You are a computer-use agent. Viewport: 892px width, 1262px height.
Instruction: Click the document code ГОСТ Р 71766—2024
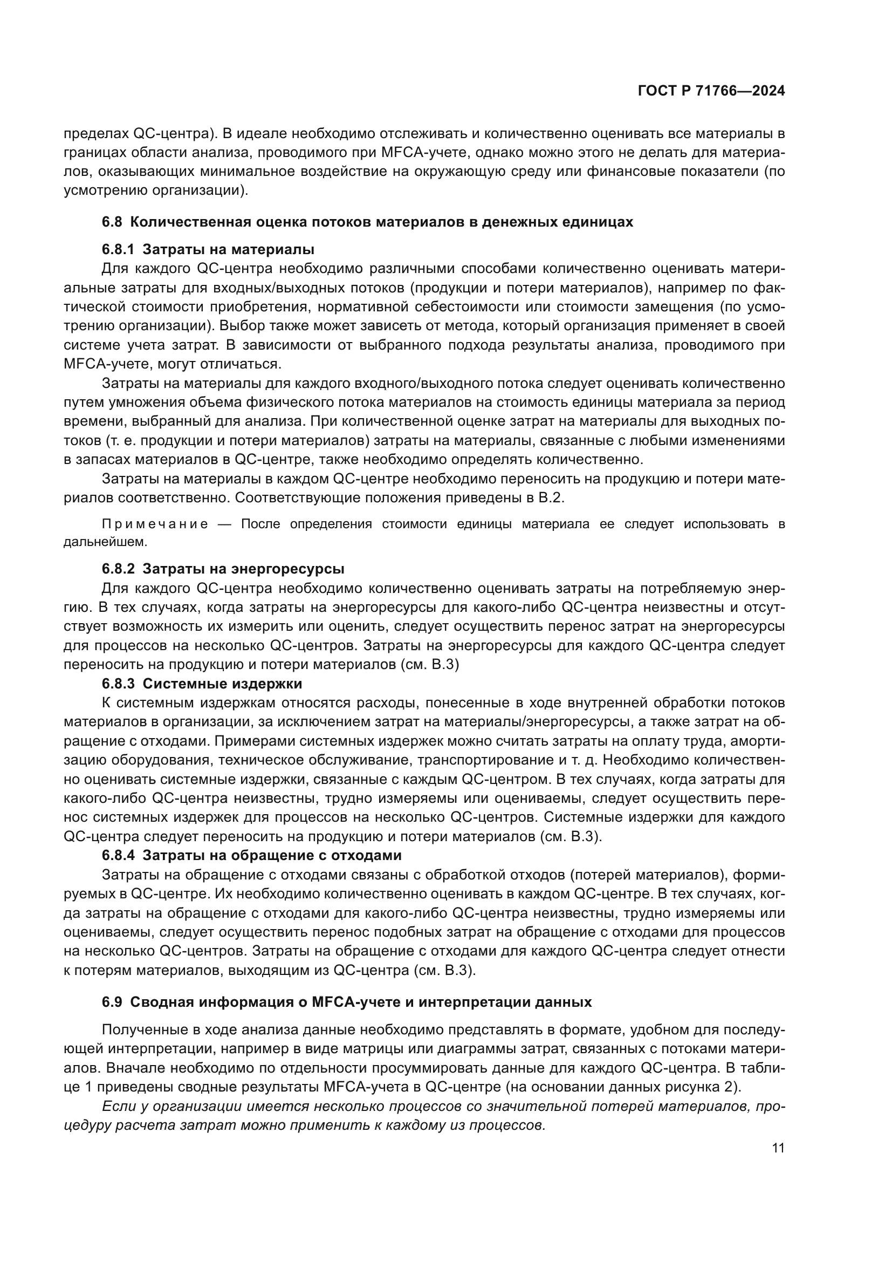coord(711,91)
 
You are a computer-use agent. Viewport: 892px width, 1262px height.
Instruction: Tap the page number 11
coord(778,1148)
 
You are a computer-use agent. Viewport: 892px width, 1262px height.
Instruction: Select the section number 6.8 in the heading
coord(113,222)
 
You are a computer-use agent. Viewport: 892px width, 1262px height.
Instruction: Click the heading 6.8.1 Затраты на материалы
coord(208,250)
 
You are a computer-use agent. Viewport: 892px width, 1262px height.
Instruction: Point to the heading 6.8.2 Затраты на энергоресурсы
coord(223,568)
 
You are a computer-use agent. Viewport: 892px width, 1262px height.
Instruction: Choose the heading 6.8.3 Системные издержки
coord(202,684)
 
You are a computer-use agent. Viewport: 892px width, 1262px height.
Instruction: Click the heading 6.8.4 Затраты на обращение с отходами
coord(251,855)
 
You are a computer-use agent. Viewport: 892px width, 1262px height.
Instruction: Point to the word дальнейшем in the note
coord(97,542)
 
